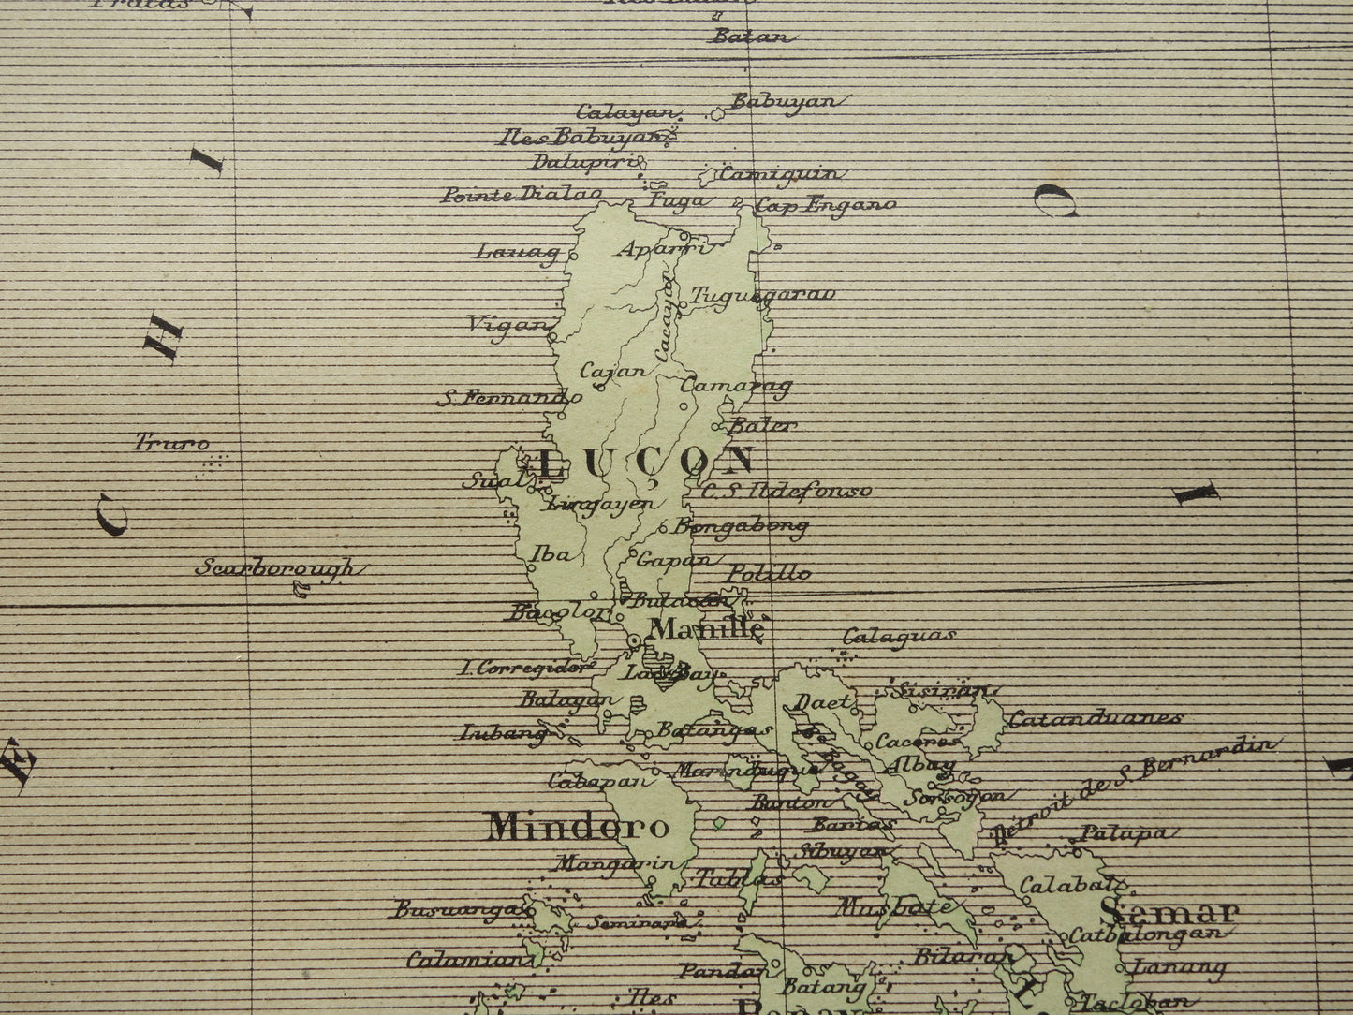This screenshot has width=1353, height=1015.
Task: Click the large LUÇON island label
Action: (647, 461)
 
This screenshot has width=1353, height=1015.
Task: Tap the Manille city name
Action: (707, 629)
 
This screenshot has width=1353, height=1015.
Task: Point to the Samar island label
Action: (1169, 911)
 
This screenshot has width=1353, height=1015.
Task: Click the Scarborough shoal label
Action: (277, 568)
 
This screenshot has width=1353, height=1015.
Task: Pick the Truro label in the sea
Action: (172, 442)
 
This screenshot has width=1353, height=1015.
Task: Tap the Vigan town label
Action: (507, 325)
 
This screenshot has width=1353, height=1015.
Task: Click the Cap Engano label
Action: (826, 204)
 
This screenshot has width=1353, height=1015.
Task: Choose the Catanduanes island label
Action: (1095, 720)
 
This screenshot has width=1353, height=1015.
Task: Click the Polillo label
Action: (770, 573)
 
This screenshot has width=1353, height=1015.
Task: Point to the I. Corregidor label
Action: (526, 668)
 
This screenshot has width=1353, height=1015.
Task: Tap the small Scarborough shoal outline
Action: (301, 589)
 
